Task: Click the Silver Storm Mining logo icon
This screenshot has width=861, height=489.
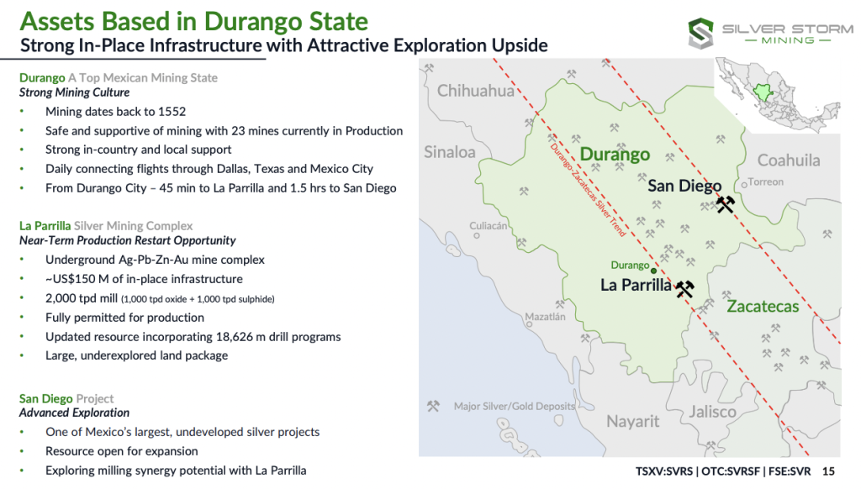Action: pyautogui.click(x=701, y=33)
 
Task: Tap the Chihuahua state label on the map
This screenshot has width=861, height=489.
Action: pyautogui.click(x=476, y=91)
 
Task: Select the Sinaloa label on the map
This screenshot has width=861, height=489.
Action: pyautogui.click(x=450, y=152)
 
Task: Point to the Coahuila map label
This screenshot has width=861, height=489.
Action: pyautogui.click(x=789, y=160)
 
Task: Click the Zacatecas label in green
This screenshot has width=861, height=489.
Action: pyautogui.click(x=763, y=306)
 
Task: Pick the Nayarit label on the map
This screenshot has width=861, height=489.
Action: pyautogui.click(x=632, y=422)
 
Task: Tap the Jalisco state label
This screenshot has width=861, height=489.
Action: pyautogui.click(x=713, y=412)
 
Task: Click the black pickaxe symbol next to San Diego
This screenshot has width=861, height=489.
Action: pyautogui.click(x=726, y=205)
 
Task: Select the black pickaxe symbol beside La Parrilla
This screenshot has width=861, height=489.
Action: pyautogui.click(x=684, y=289)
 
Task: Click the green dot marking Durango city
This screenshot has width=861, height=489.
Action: pyautogui.click(x=653, y=271)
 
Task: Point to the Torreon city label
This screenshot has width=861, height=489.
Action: pyautogui.click(x=765, y=181)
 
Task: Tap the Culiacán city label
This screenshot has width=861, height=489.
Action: pyautogui.click(x=489, y=225)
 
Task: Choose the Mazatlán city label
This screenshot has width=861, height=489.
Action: pyautogui.click(x=545, y=317)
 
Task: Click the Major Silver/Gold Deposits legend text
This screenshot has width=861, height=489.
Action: pyautogui.click(x=514, y=406)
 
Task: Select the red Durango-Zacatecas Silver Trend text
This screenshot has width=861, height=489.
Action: pyautogui.click(x=588, y=190)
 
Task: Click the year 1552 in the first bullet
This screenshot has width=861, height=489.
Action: pyautogui.click(x=172, y=112)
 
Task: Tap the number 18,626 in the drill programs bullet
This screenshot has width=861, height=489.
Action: pyautogui.click(x=235, y=336)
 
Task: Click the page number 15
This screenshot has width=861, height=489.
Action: pyautogui.click(x=828, y=471)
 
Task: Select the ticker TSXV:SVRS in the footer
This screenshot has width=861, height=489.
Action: pyautogui.click(x=664, y=471)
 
